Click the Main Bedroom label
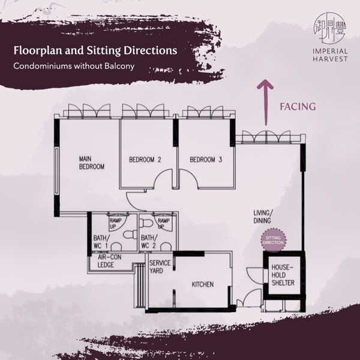(x=92, y=163)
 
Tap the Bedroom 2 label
(x=145, y=160)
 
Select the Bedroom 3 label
(x=206, y=160)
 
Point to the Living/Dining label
(x=262, y=217)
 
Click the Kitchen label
(x=202, y=284)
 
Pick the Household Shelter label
(x=283, y=275)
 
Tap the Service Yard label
(x=160, y=266)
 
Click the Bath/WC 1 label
(x=100, y=242)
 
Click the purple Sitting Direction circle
(x=273, y=240)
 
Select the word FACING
(x=298, y=107)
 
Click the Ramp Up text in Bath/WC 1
(x=116, y=223)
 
